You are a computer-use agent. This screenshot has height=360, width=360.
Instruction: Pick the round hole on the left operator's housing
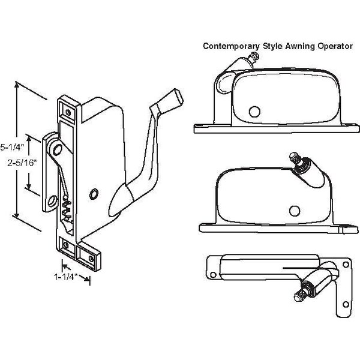tap(94, 193)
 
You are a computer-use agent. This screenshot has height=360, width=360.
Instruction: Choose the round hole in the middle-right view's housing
tap(294, 209)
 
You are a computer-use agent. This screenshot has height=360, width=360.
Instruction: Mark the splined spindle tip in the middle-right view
tap(294, 158)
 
